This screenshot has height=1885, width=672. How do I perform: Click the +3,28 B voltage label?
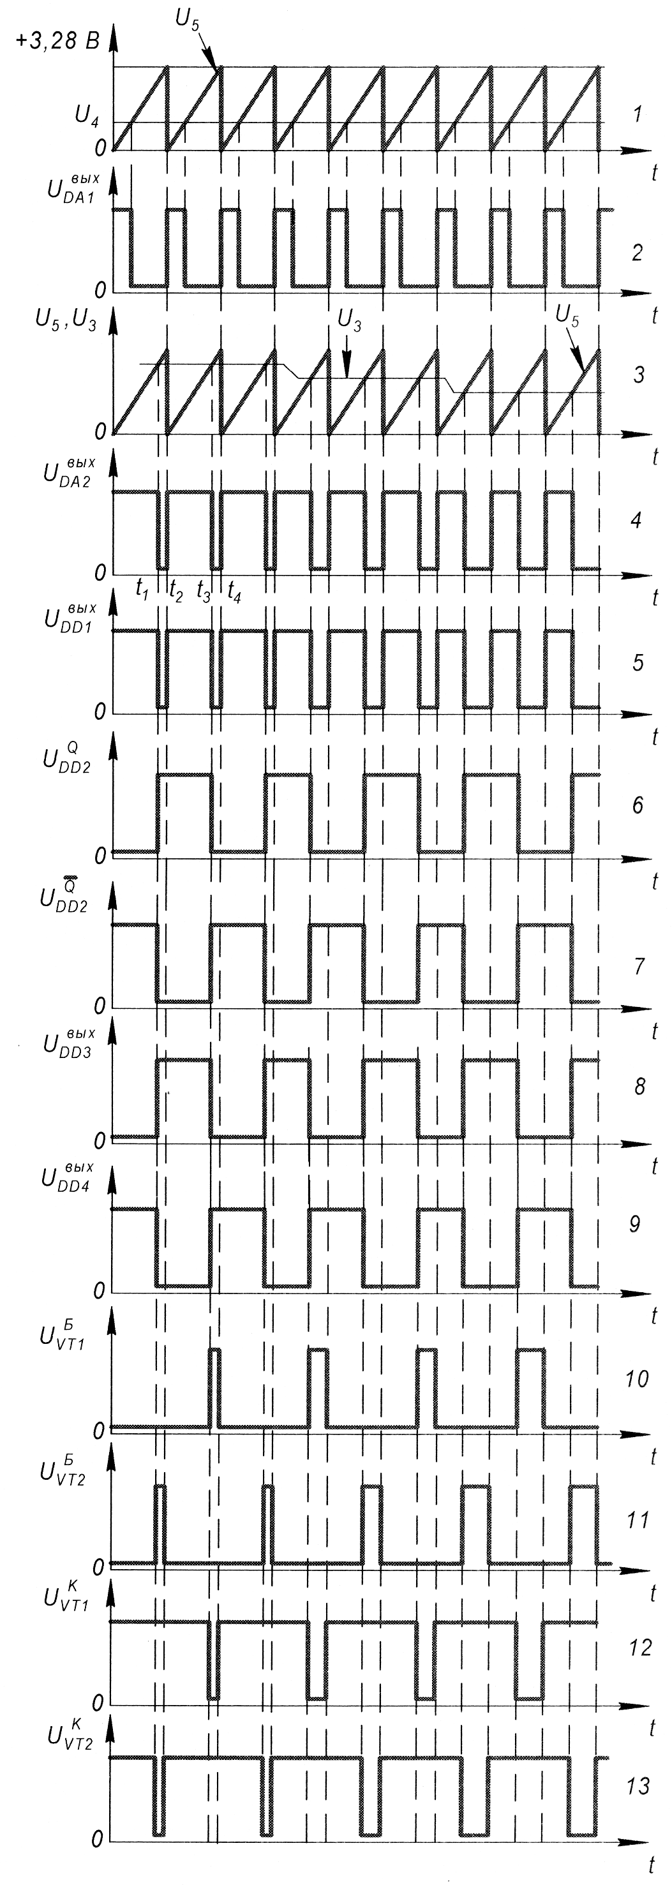click(57, 41)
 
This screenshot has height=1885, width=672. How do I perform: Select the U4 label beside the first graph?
click(87, 117)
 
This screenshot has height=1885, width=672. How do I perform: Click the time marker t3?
click(204, 590)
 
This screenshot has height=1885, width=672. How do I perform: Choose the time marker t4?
click(234, 590)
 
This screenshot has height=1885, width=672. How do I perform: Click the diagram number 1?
click(638, 114)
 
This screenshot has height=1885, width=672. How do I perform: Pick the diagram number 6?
click(638, 805)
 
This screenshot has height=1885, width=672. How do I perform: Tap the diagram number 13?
click(638, 1785)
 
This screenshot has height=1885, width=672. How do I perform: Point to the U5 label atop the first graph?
click(188, 19)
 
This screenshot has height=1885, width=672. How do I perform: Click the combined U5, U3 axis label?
click(66, 320)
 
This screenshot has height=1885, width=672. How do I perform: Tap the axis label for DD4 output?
click(66, 1179)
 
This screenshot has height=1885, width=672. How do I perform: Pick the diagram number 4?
click(638, 521)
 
